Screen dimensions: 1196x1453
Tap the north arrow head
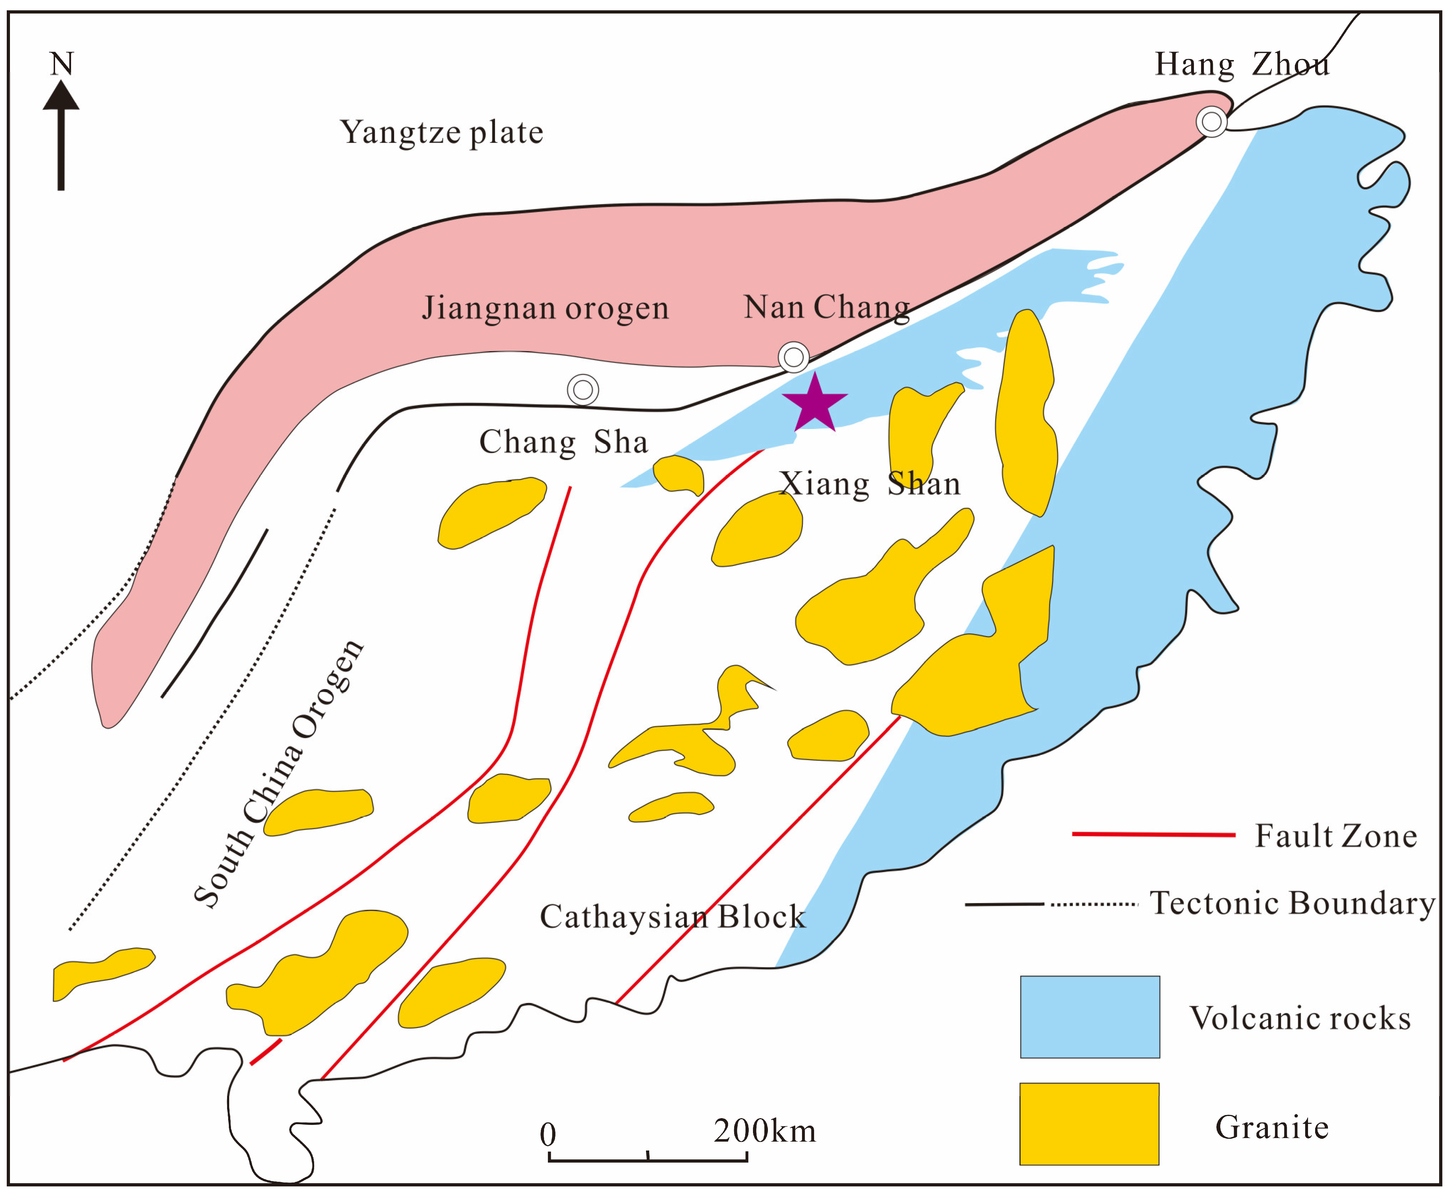[x=61, y=96]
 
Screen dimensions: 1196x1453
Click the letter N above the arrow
[x=61, y=64]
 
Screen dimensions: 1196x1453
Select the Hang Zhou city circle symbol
[x=1211, y=122]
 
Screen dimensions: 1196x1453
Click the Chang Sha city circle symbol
[x=582, y=390]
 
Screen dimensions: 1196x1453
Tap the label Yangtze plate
[x=441, y=132]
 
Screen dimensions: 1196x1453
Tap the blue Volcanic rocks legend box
[x=1089, y=1017]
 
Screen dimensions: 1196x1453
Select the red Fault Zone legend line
[x=1153, y=834]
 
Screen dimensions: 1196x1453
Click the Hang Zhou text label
[x=1242, y=65]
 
